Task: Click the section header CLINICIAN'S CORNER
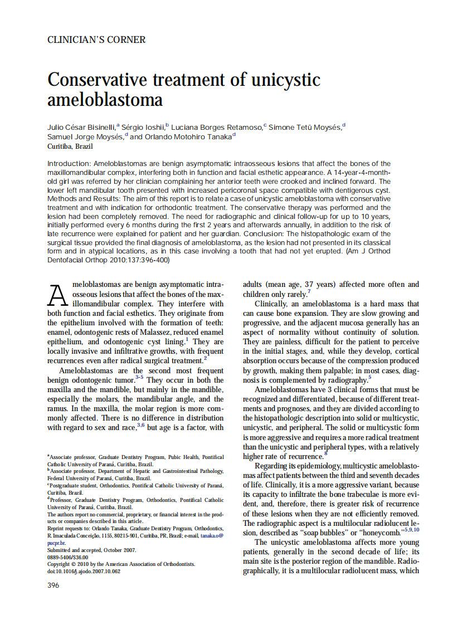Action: pyautogui.click(x=96, y=40)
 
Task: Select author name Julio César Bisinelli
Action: pyautogui.click(x=81, y=127)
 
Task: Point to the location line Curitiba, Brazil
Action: pyautogui.click(x=70, y=147)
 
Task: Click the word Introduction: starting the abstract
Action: pyautogui.click(x=70, y=164)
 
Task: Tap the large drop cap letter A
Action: pyautogui.click(x=59, y=295)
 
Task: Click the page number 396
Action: pyautogui.click(x=53, y=585)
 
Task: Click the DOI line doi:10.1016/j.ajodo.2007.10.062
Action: pyautogui.click(x=83, y=571)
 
